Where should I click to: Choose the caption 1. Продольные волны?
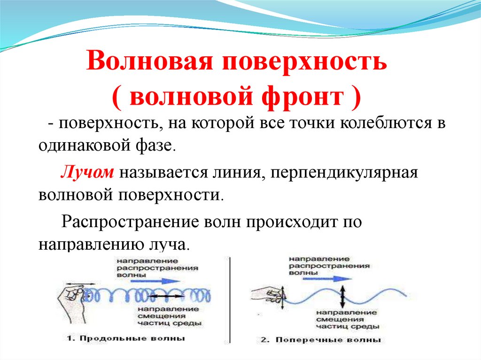click(126, 338)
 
